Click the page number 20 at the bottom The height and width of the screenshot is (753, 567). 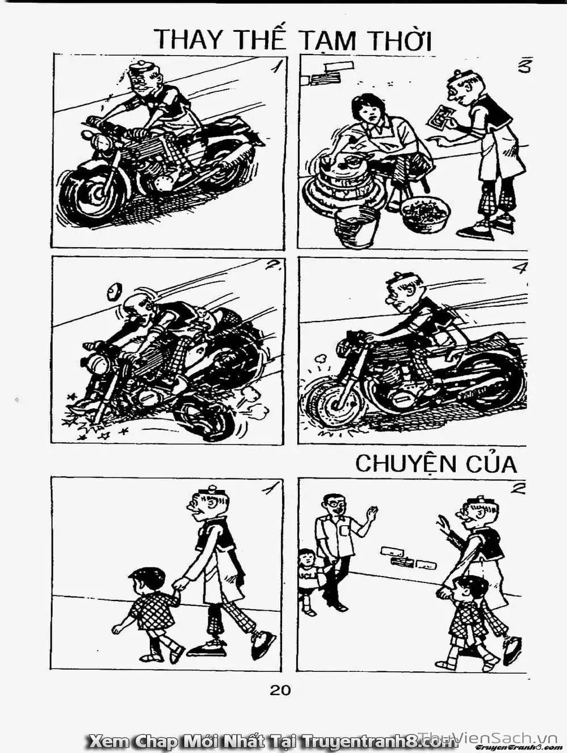click(x=280, y=689)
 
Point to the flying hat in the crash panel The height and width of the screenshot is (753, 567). click(x=114, y=290)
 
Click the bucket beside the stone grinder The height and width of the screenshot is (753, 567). click(x=356, y=225)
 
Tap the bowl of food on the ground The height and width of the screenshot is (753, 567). click(x=425, y=214)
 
